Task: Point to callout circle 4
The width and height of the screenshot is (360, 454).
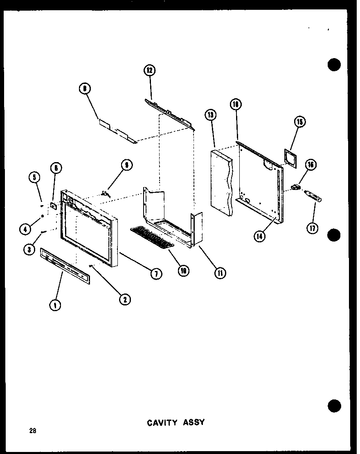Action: [x=26, y=230]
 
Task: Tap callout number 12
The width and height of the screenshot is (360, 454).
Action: [x=149, y=70]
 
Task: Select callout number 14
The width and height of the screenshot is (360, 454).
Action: [x=259, y=236]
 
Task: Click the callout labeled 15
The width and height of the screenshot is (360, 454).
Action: [x=299, y=122]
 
